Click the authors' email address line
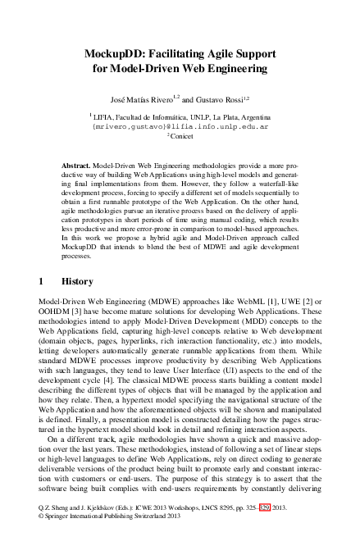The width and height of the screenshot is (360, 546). click(180, 128)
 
